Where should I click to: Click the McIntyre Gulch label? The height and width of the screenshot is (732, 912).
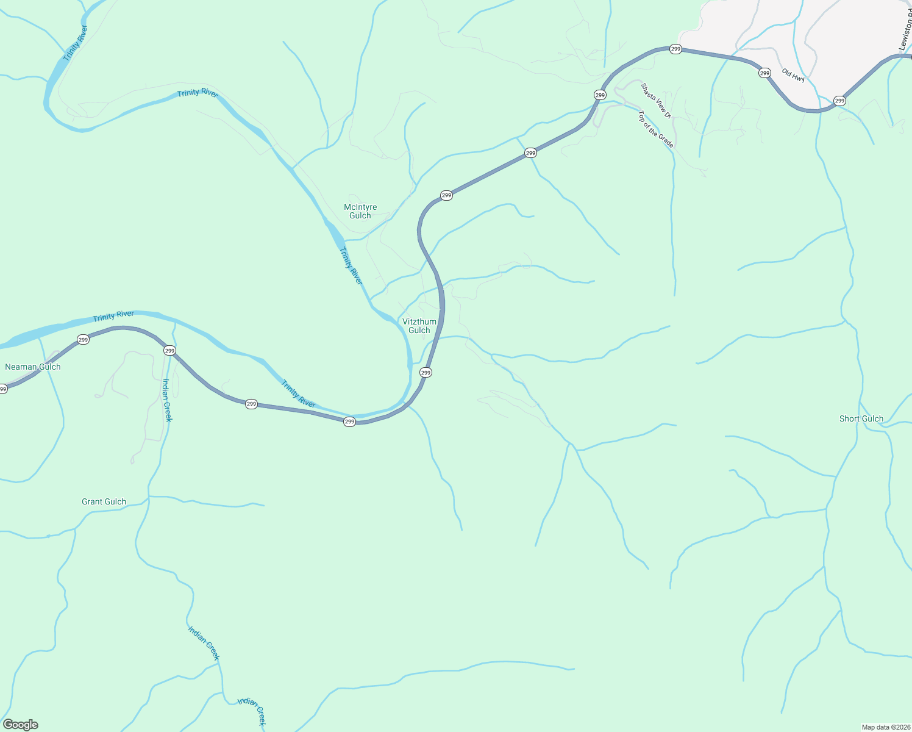[x=360, y=211]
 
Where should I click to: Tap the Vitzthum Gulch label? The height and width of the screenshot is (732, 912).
[x=419, y=326]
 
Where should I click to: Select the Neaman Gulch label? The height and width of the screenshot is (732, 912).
[x=33, y=367]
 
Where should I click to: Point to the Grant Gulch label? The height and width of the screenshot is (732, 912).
[x=104, y=502]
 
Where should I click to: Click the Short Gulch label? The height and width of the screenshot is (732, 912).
[x=861, y=418]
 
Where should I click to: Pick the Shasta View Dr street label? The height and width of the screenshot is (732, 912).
[x=655, y=101]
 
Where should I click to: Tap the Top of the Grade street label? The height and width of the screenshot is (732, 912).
[x=656, y=129]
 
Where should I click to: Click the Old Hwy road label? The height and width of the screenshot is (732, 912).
[x=793, y=75]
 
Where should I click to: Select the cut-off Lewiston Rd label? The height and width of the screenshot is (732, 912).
[x=905, y=34]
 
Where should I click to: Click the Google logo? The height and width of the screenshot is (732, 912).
[x=21, y=725]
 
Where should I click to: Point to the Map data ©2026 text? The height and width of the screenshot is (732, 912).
[x=885, y=727]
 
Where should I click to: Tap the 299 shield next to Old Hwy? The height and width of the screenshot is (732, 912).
[x=764, y=73]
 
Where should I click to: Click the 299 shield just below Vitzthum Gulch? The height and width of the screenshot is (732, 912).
[x=426, y=373]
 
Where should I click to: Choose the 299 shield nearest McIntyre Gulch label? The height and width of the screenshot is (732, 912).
[x=446, y=195]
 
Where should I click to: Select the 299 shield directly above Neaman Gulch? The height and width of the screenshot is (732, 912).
[x=83, y=340]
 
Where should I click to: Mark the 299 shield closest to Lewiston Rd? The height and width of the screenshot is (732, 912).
[x=839, y=101]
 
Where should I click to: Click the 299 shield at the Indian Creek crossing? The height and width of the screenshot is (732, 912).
[x=169, y=351]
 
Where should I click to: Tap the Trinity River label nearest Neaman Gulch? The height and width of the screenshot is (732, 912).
[x=113, y=316]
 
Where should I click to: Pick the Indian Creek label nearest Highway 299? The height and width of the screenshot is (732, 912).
[x=167, y=400]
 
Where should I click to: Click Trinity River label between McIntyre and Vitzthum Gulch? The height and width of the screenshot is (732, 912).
[x=351, y=266]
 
